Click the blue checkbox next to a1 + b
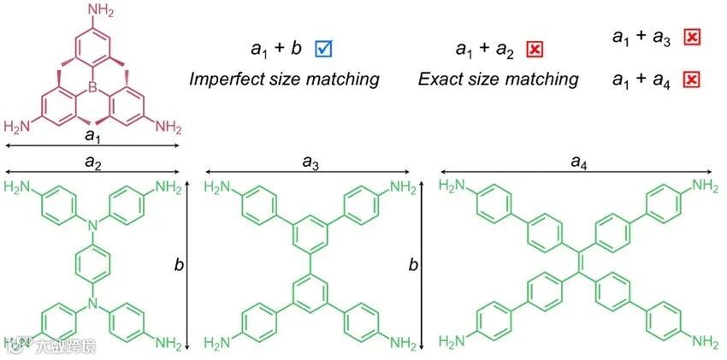[x=323, y=49]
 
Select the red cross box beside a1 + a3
[x=692, y=36]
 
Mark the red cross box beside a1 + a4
[x=692, y=80]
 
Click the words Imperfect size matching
[x=283, y=80]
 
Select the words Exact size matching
[x=498, y=80]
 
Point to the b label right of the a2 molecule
[x=179, y=266]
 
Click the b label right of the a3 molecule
[x=412, y=266]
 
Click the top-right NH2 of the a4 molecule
[x=704, y=186]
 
